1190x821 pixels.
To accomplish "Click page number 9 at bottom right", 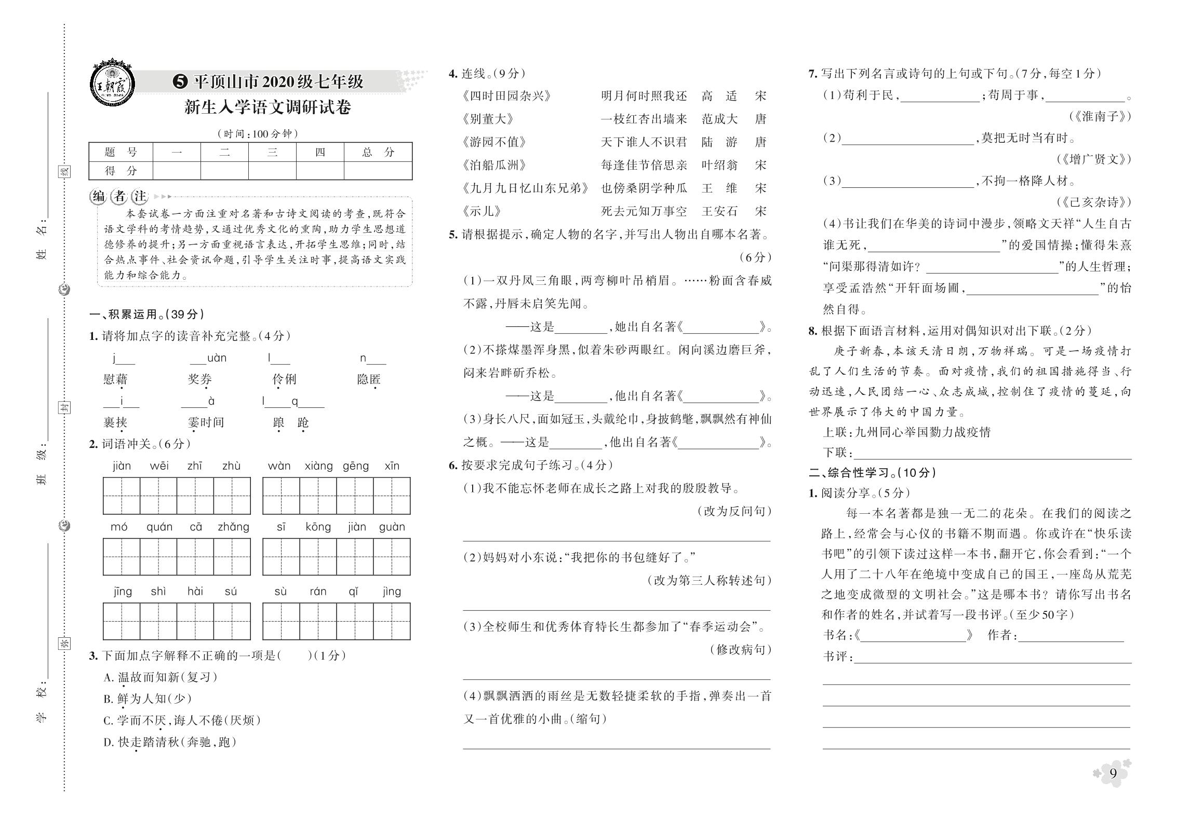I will (1113, 788).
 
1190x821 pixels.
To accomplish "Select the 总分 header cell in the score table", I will (378, 152).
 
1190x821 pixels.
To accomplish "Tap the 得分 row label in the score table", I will (121, 171).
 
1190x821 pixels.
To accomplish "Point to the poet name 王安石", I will (719, 211).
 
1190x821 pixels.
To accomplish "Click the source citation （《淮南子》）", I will (1100, 116).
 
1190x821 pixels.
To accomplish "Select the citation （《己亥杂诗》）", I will (1093, 202).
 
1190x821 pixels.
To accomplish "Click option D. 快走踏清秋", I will (170, 742).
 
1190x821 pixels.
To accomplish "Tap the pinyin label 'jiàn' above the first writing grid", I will (122, 466).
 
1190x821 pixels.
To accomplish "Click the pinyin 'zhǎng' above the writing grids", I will (233, 527).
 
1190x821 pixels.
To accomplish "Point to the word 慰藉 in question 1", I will (115, 379).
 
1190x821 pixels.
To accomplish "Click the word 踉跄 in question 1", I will (291, 423).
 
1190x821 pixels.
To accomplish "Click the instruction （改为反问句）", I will (734, 511).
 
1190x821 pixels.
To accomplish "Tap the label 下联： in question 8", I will (838, 453).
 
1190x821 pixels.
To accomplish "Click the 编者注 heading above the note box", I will (119, 196).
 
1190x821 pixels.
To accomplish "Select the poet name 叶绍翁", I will (719, 165).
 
